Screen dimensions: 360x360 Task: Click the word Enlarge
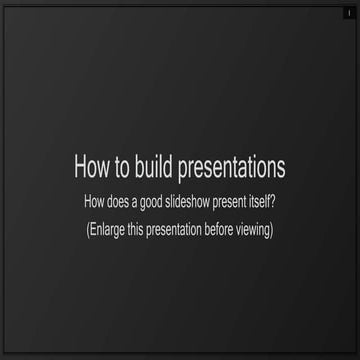point(108,229)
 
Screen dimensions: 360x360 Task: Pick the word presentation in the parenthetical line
point(181,229)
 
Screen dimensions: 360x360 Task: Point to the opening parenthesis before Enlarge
point(88,229)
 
